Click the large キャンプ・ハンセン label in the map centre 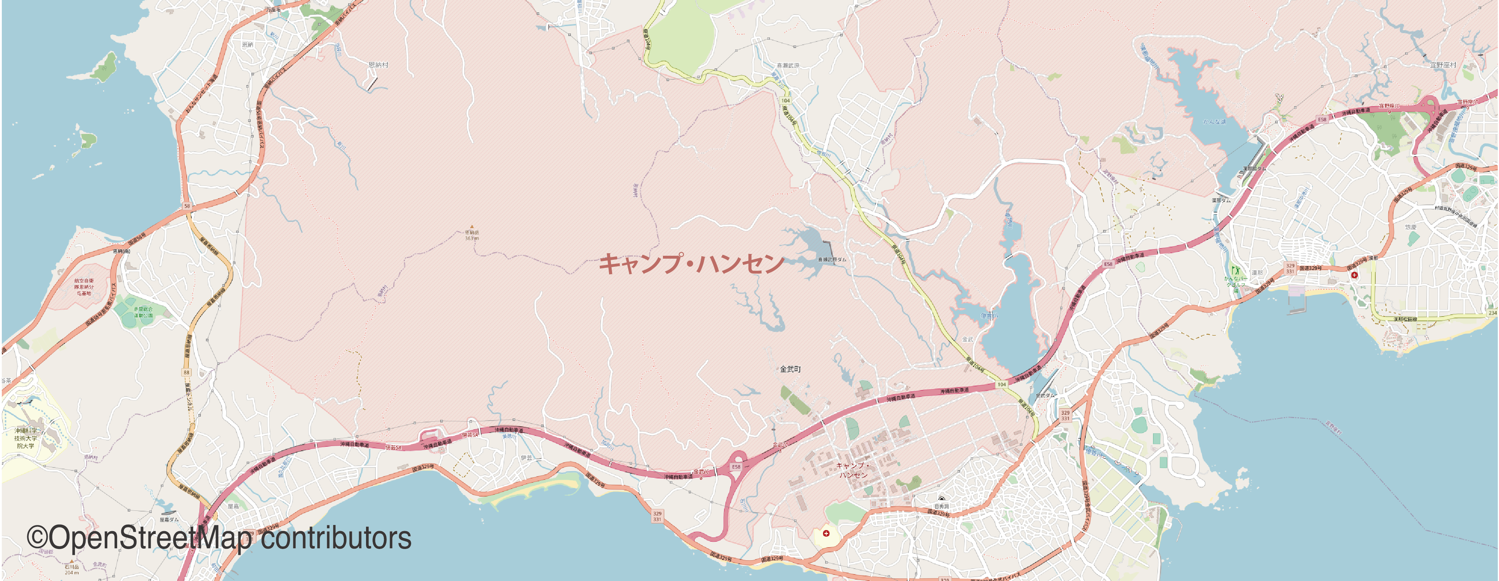691,263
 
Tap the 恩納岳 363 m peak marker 472,227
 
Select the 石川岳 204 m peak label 72,568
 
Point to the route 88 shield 186,372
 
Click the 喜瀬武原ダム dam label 832,259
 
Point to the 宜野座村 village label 1443,65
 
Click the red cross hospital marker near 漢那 1355,275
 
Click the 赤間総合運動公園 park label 143,312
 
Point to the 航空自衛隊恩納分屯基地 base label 84,287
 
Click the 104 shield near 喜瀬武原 786,101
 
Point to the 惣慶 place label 1411,227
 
